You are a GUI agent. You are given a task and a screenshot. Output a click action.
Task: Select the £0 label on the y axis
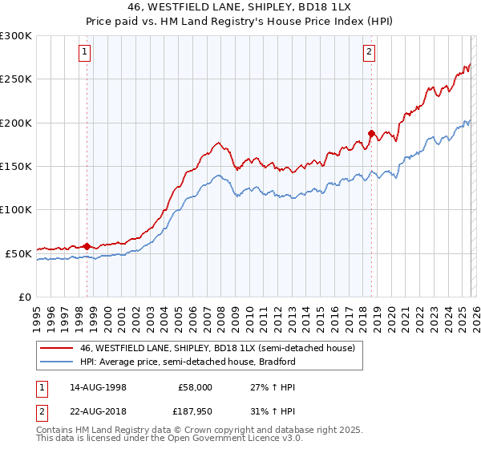tap(24, 297)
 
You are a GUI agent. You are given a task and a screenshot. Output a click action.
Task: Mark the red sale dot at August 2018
tap(371, 133)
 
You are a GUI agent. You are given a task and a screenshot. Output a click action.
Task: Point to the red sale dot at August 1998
tap(87, 246)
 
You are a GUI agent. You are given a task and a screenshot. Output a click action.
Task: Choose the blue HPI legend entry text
tap(188, 362)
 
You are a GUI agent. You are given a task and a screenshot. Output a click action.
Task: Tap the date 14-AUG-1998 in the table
tap(99, 386)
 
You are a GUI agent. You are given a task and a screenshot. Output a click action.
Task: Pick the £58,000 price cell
tap(195, 386)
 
